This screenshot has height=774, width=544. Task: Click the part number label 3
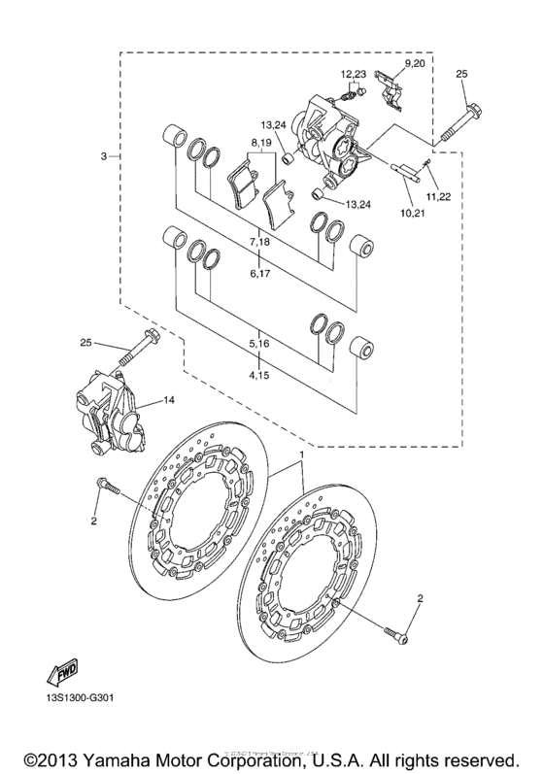pos(102,156)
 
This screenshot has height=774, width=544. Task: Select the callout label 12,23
pos(353,74)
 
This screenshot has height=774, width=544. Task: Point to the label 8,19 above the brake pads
pos(261,143)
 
